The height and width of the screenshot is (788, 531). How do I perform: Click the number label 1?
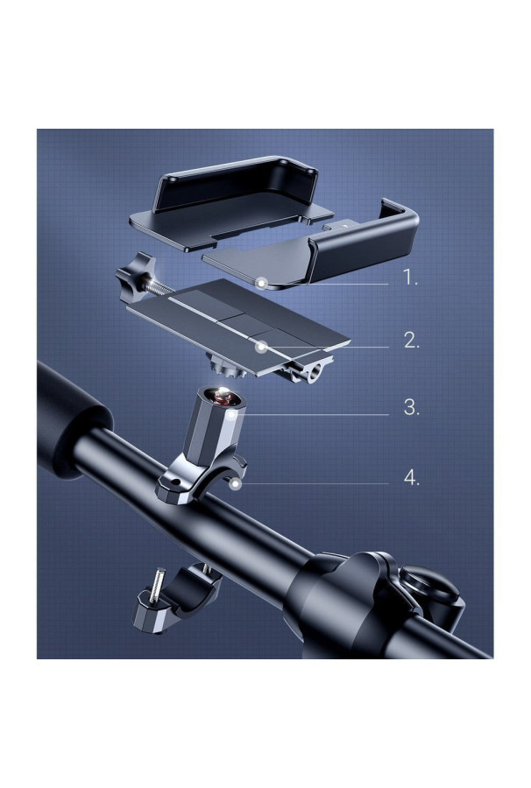click(410, 278)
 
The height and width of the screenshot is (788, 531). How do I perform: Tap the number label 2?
click(411, 341)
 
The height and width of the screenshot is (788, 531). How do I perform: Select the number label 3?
click(411, 407)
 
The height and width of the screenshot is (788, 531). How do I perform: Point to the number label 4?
click(411, 478)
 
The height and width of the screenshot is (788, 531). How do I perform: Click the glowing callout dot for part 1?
click(261, 284)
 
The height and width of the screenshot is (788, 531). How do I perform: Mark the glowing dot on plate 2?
click(260, 346)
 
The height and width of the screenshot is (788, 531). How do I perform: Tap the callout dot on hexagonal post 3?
click(231, 415)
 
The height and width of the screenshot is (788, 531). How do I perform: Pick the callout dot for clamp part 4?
click(234, 484)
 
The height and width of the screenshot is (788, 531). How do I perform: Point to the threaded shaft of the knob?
click(159, 287)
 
